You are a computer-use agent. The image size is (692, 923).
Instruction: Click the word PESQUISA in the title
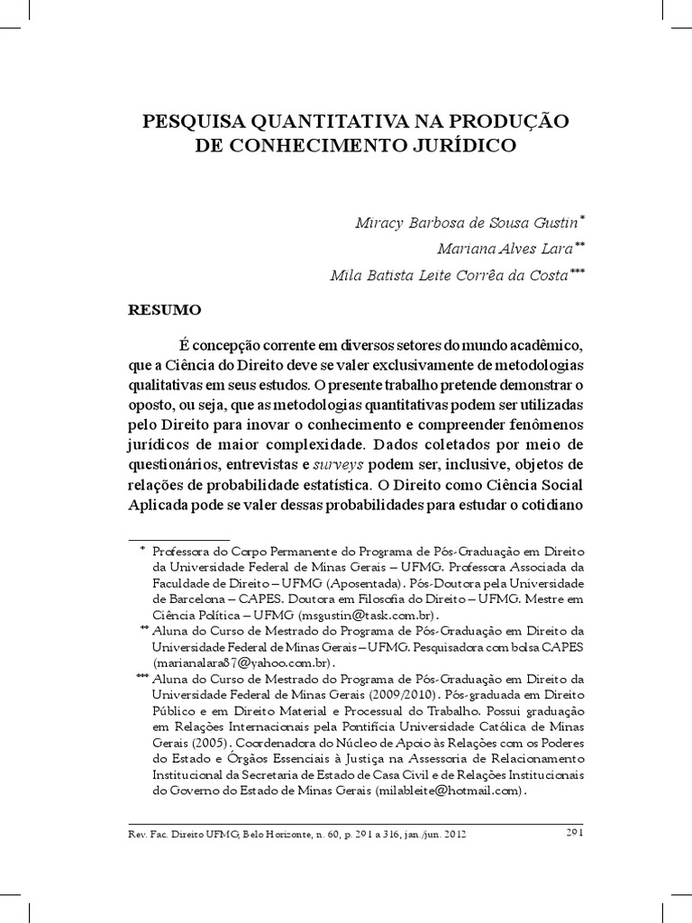185,122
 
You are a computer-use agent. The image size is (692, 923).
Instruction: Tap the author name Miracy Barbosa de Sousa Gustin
458,222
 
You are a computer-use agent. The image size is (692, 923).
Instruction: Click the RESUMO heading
164,309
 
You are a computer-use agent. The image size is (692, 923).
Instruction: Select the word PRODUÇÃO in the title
502,122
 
